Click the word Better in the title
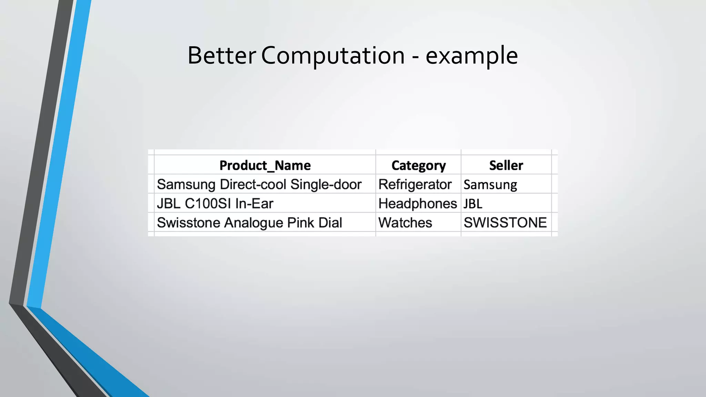(221, 55)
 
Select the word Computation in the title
(333, 55)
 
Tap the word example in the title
(472, 55)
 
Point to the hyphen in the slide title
(415, 57)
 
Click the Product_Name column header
(265, 165)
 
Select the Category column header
(418, 165)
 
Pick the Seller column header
(506, 165)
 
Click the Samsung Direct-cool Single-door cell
(259, 184)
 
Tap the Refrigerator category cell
(415, 184)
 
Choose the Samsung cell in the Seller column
(490, 185)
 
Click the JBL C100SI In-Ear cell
(215, 204)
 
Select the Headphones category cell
(417, 204)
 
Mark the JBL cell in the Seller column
(473, 204)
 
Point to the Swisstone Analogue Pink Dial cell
(249, 223)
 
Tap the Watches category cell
(405, 223)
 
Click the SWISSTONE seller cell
(505, 223)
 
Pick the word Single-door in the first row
(326, 184)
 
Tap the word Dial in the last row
(330, 223)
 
